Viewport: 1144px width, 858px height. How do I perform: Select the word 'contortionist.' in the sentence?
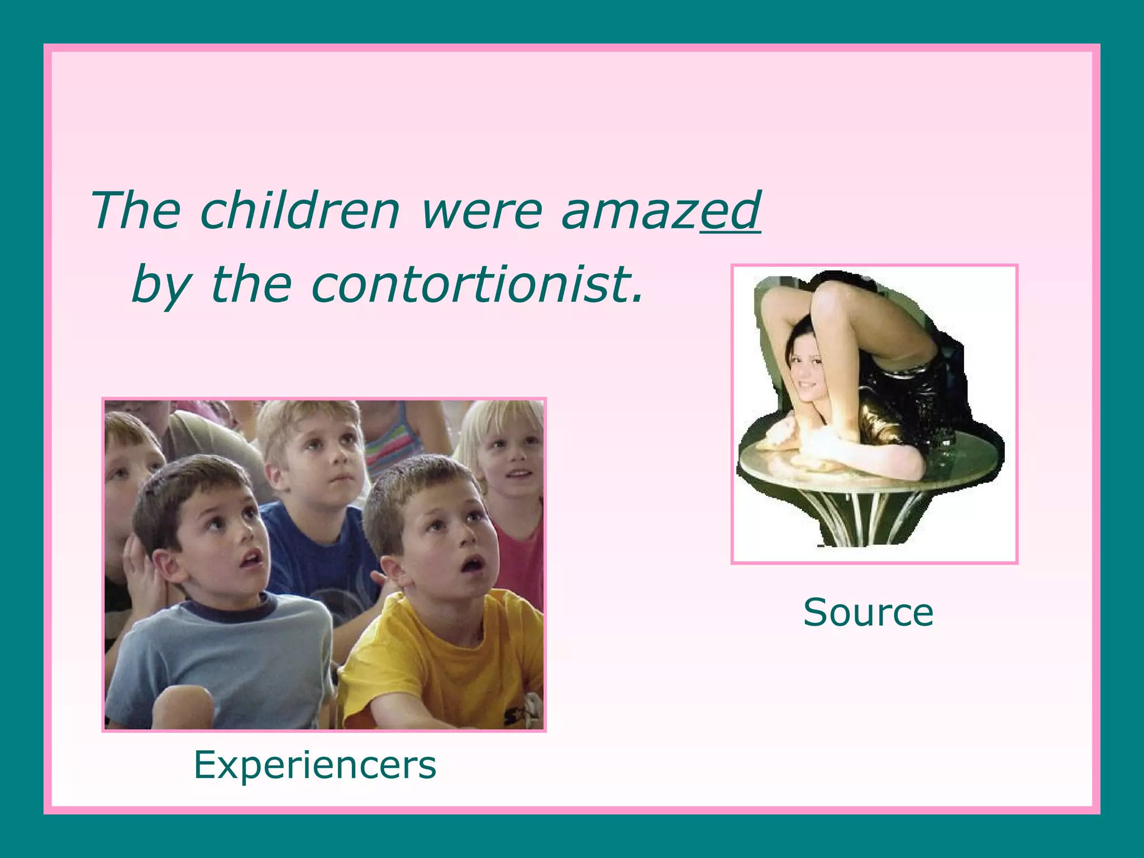pyautogui.click(x=478, y=284)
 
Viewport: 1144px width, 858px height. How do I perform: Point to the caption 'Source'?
pyautogui.click(x=868, y=613)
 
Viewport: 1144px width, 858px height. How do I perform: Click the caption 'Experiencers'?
pyautogui.click(x=315, y=765)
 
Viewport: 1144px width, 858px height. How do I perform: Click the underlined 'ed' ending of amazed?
pyautogui.click(x=731, y=211)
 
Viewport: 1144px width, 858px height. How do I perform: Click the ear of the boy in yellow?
pyautogui.click(x=392, y=573)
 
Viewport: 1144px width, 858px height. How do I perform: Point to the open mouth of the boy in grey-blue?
pyautogui.click(x=252, y=558)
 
